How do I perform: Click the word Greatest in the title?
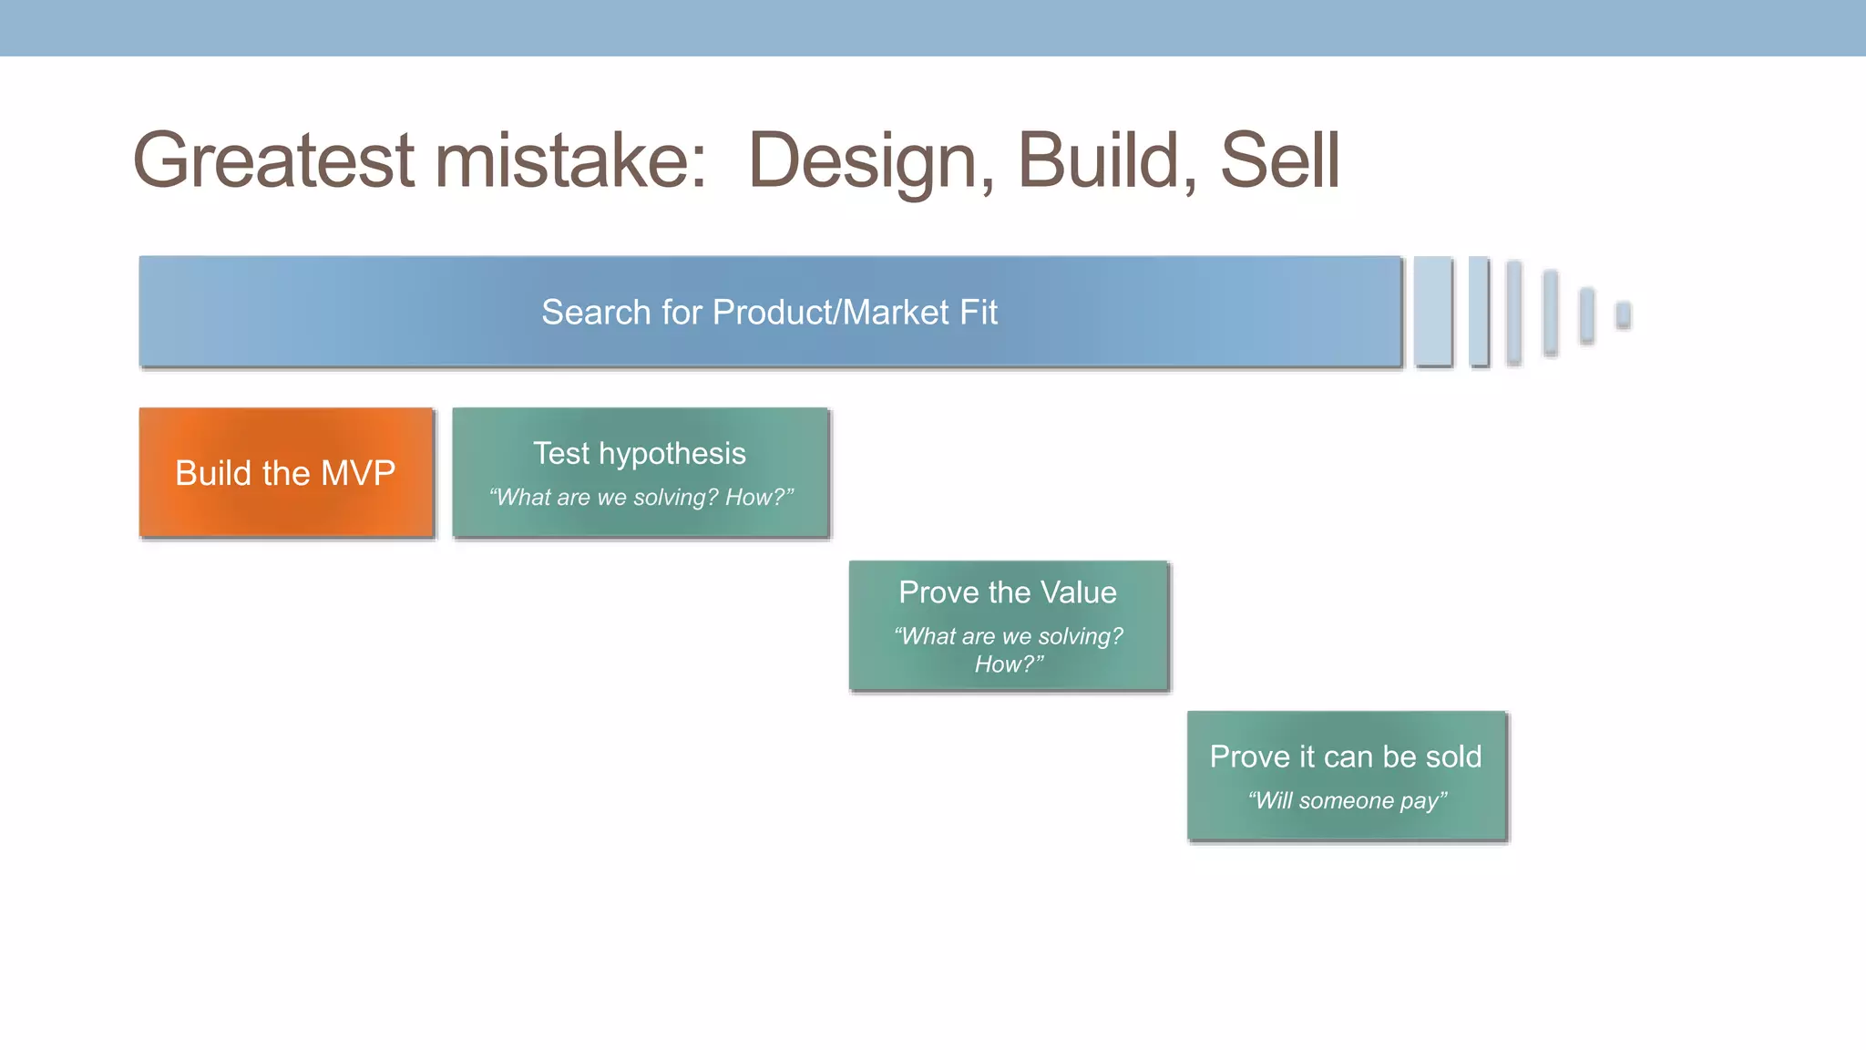pyautogui.click(x=273, y=161)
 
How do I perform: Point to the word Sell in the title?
pyautogui.click(x=1279, y=161)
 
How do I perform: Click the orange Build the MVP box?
pyautogui.click(x=285, y=473)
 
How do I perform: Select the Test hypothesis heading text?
pyautogui.click(x=640, y=453)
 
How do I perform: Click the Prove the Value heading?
pyautogui.click(x=1007, y=592)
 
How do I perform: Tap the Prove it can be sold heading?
pyautogui.click(x=1345, y=757)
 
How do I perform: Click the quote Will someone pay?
pyautogui.click(x=1347, y=800)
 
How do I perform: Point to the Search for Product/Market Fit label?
pyautogui.click(x=769, y=312)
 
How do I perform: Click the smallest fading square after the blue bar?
pyautogui.click(x=1623, y=314)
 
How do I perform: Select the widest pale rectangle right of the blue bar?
pyautogui.click(x=1433, y=311)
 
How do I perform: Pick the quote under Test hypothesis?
pyautogui.click(x=641, y=497)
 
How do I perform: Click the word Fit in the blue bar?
pyautogui.click(x=978, y=312)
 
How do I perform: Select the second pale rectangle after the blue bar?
pyautogui.click(x=1479, y=311)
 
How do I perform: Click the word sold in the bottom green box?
pyautogui.click(x=1453, y=757)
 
